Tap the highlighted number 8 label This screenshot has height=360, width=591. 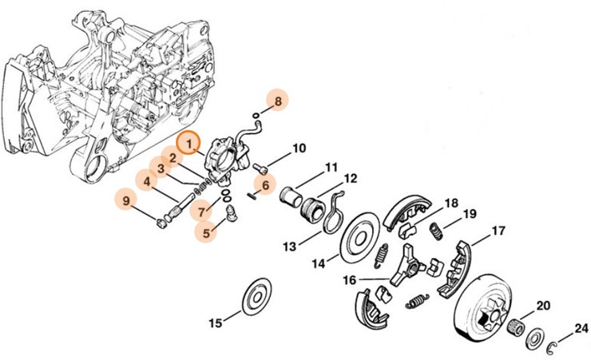coord(278,101)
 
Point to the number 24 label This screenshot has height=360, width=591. coord(581,328)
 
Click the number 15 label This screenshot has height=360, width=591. coord(215,323)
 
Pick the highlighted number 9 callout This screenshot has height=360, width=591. coord(125,201)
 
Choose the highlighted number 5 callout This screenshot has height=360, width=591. coord(208,234)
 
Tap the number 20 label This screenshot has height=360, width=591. coord(543,306)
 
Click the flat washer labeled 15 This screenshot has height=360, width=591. coord(257,295)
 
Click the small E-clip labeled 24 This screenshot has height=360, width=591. coord(553,345)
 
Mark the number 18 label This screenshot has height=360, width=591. coord(451,203)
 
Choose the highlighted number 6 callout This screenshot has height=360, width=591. coord(267,185)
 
